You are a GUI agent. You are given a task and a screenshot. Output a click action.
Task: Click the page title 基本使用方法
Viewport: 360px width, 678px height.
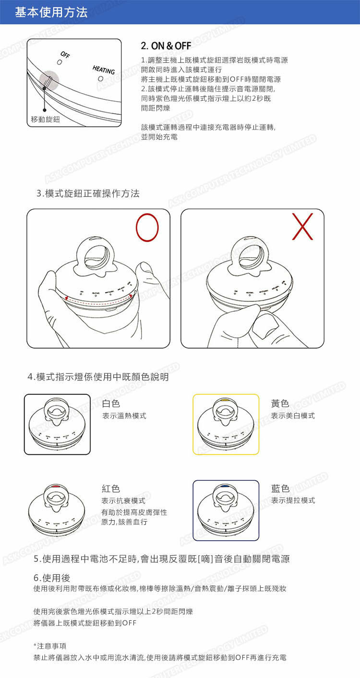(51, 12)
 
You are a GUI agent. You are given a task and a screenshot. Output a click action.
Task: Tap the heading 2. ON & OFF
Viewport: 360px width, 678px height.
(166, 46)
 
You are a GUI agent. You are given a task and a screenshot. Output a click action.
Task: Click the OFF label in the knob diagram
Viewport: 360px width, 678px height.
(65, 55)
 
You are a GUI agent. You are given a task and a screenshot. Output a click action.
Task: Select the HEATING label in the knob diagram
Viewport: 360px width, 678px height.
(104, 70)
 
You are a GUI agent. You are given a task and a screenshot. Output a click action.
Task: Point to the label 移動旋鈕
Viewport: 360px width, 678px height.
(46, 119)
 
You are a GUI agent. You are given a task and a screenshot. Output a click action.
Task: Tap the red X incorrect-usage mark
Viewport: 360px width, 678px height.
(302, 226)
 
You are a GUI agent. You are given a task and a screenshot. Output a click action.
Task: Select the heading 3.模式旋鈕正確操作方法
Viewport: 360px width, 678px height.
(88, 193)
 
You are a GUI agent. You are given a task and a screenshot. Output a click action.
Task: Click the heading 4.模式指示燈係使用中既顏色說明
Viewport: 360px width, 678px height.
(98, 377)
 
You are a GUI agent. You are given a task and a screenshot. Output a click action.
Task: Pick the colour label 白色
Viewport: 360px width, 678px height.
(111, 404)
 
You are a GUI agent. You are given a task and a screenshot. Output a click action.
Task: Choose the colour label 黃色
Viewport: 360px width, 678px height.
(280, 404)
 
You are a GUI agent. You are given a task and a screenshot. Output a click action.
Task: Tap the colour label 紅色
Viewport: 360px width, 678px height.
(111, 488)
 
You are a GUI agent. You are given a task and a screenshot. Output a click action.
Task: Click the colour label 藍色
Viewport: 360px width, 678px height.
(280, 488)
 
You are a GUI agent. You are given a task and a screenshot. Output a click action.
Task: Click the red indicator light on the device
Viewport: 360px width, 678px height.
(56, 486)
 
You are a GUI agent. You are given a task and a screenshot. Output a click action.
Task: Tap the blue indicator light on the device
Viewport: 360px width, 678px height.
(225, 486)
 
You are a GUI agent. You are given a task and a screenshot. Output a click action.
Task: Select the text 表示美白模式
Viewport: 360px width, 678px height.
(293, 416)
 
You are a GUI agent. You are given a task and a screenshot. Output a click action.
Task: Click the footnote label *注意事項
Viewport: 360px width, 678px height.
(49, 646)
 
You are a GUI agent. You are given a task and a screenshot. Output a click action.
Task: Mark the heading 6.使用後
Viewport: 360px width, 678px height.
(52, 578)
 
